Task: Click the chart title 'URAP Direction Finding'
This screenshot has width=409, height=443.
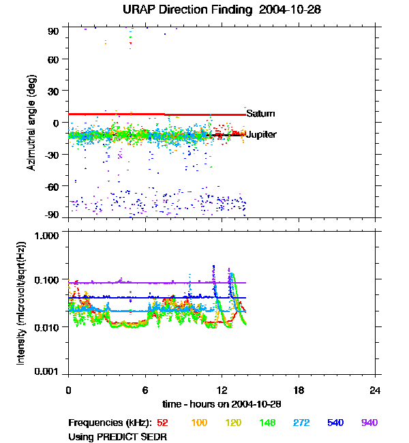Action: pos(184,10)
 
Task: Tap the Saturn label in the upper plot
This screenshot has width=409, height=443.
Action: pos(260,113)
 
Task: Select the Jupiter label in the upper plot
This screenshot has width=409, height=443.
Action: pos(261,135)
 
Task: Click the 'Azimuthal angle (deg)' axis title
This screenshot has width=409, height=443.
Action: pos(31,123)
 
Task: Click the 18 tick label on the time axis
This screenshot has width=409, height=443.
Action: pos(299,390)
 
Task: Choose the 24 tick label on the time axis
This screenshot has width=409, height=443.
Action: pos(376,390)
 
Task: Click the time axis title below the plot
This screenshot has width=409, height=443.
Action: pos(222,403)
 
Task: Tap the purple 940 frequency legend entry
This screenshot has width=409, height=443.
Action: pos(369,423)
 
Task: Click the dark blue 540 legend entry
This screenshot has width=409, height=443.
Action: pos(335,423)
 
